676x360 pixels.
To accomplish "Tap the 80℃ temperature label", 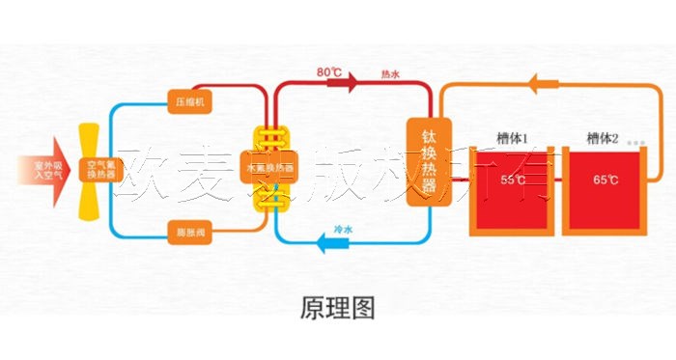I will (x=329, y=71).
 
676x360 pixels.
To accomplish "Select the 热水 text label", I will (x=390, y=73).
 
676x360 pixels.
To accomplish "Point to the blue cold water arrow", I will (x=333, y=244).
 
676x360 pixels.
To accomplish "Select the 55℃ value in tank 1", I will (x=513, y=180).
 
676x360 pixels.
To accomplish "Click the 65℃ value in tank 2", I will (x=606, y=180).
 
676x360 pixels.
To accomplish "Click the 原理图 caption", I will (x=338, y=307).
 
